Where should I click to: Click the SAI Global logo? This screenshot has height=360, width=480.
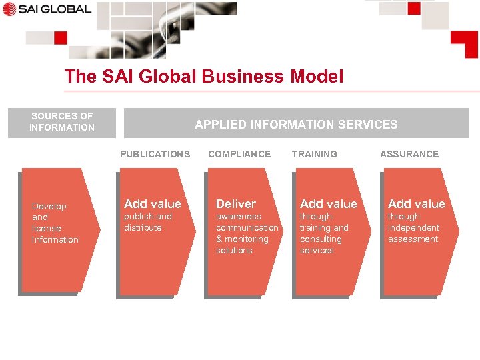[x=47, y=9]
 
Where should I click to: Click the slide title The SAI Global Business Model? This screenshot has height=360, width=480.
[x=203, y=77]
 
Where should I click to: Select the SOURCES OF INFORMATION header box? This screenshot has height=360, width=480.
[x=62, y=122]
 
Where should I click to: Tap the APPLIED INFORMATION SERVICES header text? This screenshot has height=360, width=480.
[x=296, y=124]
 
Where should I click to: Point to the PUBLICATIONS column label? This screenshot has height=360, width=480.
[x=155, y=154]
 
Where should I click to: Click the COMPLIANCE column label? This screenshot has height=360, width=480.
[x=239, y=154]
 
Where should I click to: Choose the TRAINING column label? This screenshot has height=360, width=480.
[x=314, y=154]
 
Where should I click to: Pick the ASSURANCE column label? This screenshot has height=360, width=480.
[x=409, y=154]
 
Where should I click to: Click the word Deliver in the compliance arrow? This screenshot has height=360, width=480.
[x=235, y=204]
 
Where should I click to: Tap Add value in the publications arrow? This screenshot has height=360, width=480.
[x=152, y=204]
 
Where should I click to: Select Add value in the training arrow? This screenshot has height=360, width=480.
[x=328, y=204]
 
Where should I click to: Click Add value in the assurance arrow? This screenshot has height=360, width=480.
[x=416, y=204]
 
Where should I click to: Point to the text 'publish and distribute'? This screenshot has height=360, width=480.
[x=147, y=222]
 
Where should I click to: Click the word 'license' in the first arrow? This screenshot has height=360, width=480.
[x=47, y=229]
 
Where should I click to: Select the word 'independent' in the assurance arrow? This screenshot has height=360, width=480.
[x=413, y=228]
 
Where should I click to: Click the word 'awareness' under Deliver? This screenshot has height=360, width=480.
[x=238, y=217]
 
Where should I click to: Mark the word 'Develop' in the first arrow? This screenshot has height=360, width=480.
[x=49, y=206]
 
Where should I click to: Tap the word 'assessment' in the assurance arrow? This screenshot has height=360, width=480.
[x=413, y=239]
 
